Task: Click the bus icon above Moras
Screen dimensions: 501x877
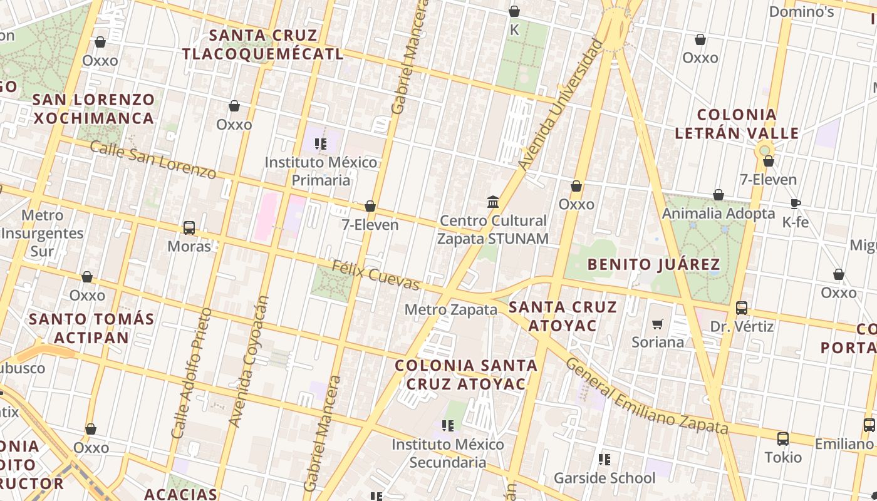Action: click(x=189, y=228)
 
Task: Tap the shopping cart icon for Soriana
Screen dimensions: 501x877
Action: click(x=657, y=324)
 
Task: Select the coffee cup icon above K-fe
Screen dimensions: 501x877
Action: click(x=795, y=204)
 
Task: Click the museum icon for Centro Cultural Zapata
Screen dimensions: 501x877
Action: click(x=493, y=202)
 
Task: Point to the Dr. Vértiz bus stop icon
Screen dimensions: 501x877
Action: click(x=742, y=307)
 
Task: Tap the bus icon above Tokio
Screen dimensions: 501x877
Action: click(x=782, y=438)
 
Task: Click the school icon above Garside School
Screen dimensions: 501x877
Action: click(x=605, y=460)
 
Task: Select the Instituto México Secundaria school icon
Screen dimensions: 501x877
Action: click(x=448, y=426)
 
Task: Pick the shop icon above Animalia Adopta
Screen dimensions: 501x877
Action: click(x=719, y=195)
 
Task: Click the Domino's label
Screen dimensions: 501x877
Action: click(x=801, y=12)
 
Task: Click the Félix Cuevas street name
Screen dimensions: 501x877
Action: click(x=375, y=276)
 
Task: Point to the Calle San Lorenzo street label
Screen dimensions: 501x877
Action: click(x=153, y=159)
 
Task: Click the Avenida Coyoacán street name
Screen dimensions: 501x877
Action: click(x=249, y=361)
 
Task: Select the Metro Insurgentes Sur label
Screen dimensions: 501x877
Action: click(x=42, y=234)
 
